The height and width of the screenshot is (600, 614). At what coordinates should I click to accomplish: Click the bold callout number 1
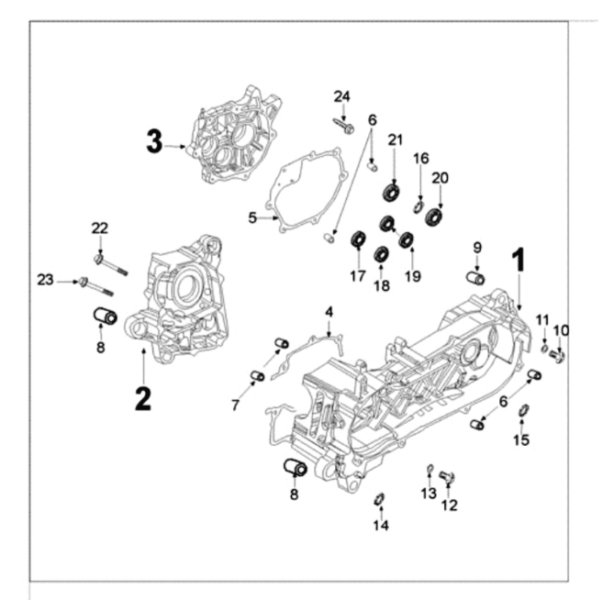coord(519,260)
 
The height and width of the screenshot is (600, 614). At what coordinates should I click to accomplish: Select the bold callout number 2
coord(143,399)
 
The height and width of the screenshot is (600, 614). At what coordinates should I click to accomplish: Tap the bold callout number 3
coord(154,141)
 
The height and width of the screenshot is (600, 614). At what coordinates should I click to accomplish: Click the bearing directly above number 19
coord(405,240)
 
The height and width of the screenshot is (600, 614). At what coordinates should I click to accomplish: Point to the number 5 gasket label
coord(251,217)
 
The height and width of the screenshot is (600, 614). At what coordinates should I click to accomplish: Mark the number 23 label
coord(46,281)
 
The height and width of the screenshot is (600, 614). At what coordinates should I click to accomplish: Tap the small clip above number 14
coord(379,498)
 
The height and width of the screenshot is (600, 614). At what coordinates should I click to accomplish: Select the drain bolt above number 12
coord(447,475)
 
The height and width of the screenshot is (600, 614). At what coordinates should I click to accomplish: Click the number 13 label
coord(428,494)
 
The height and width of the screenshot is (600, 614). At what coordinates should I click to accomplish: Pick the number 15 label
coord(521,440)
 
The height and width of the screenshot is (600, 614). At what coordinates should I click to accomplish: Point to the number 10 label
coord(561,330)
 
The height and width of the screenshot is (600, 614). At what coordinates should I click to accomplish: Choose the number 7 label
coord(237,405)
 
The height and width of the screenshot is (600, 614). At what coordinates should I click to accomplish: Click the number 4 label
coord(328,315)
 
